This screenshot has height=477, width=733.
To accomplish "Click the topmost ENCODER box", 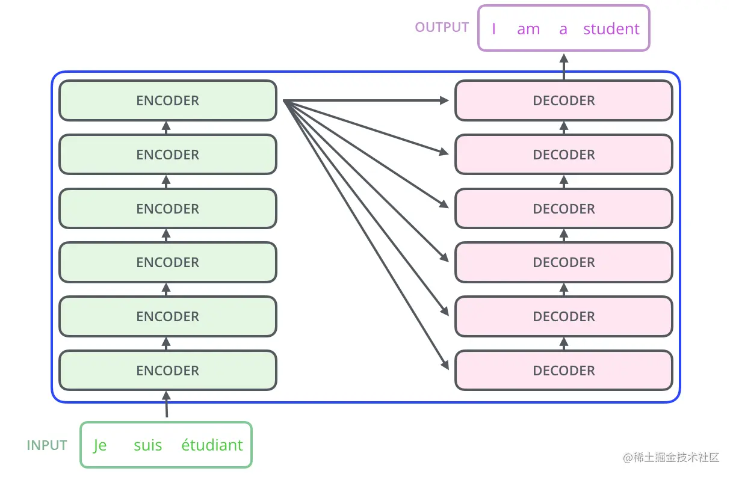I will tap(167, 100).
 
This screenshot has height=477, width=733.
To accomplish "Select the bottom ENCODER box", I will tap(167, 371).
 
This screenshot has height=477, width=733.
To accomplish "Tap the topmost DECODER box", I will tap(563, 100).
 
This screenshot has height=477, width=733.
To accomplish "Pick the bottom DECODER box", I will tap(563, 371).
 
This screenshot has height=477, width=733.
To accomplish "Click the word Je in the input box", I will tap(100, 446).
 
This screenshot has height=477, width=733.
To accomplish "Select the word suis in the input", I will tap(147, 446).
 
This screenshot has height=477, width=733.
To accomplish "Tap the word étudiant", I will tap(212, 446).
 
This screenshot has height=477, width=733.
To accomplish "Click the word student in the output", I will tap(611, 29).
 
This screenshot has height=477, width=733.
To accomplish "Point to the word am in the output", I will tap(528, 29).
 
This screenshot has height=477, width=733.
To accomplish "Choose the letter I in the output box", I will tap(493, 29).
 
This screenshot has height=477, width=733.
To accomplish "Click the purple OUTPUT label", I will tap(442, 28).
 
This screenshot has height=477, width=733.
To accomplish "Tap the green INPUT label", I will tap(47, 446).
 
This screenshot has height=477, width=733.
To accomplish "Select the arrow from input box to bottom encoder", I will tap(167, 405).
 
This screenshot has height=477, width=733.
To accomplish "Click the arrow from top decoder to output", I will tap(564, 66).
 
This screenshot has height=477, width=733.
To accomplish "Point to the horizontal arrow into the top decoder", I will tap(367, 100).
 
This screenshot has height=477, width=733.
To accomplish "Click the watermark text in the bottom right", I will tap(671, 458).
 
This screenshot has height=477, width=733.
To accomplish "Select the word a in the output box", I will tap(563, 29).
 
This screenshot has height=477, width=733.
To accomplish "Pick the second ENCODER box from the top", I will tap(167, 155).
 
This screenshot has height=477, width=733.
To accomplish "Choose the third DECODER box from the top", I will tap(563, 209).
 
